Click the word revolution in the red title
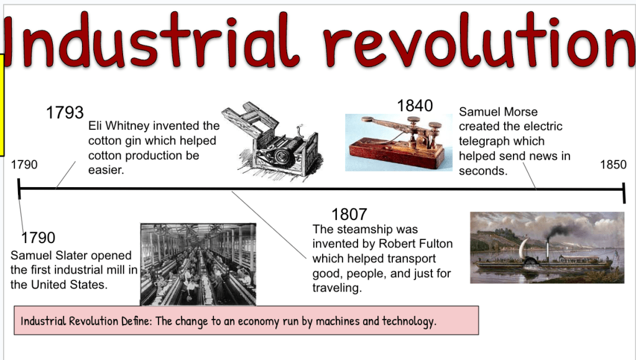tap(479, 40)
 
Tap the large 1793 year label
tap(65, 113)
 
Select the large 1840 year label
tap(415, 106)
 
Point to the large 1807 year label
tap(349, 215)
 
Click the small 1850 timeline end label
tap(613, 164)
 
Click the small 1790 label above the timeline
tap(24, 164)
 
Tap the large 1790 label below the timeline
tap(38, 238)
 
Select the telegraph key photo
tap(399, 142)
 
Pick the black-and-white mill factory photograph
tap(198, 264)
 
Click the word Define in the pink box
tap(136, 321)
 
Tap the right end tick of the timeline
tap(624, 193)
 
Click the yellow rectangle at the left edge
tap(2, 104)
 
